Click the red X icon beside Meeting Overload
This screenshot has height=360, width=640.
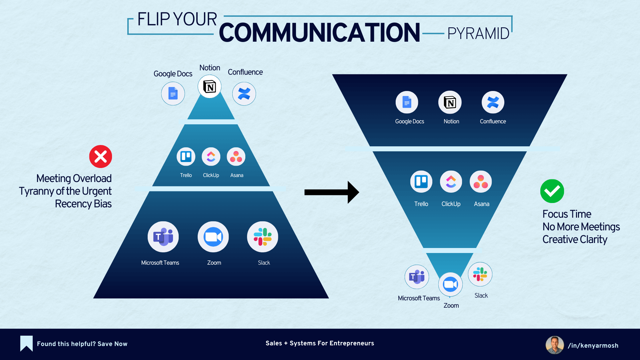pos(100,156)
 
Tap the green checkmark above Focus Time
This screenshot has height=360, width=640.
pos(552,191)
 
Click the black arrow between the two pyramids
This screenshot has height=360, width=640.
pos(331,192)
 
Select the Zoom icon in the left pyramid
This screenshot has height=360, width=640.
pos(213,237)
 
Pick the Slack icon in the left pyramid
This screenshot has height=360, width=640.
pos(263,237)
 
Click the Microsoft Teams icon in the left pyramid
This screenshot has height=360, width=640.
pos(163,237)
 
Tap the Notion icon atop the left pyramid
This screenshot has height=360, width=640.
pos(210,87)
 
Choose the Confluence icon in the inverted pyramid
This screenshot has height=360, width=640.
pos(493,102)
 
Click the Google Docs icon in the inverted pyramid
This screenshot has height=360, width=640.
pos(407,102)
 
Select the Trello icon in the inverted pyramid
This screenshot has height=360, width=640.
pos(421,182)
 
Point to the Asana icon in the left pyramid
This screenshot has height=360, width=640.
pos(236,157)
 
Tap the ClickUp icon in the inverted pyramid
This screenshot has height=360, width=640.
pos(451,182)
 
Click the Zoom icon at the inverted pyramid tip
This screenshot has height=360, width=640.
pos(450,284)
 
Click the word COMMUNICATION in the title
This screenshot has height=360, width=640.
pos(319,33)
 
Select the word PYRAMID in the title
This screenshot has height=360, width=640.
pos(478,34)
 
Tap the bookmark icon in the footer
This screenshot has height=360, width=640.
pos(26,343)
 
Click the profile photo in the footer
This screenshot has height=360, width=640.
pos(554,345)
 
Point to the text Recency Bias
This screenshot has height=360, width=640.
pos(83,204)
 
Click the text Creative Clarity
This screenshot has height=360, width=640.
pos(575,239)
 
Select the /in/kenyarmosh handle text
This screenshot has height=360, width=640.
pos(593,346)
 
